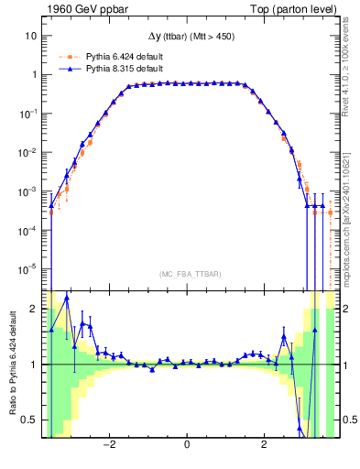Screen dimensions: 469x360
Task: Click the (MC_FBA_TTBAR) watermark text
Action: (x=187, y=274)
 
